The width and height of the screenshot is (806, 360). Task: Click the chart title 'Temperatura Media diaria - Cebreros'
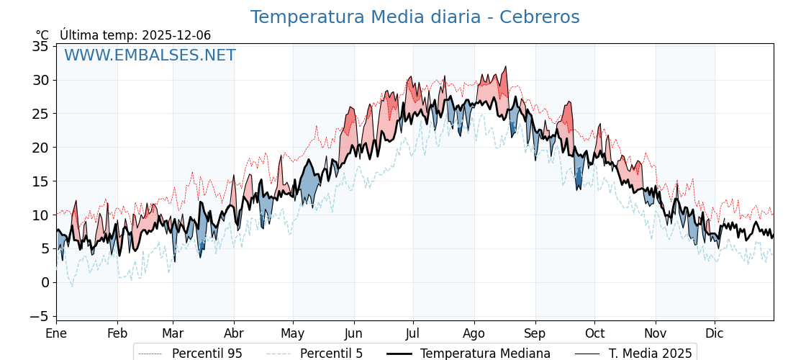coord(415,17)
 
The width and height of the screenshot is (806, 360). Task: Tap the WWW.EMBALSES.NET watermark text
coord(150,55)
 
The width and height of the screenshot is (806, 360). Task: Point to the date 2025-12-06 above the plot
coord(176,35)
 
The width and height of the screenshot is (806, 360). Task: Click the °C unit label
coord(42,35)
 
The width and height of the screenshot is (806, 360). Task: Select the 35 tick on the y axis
coord(40,47)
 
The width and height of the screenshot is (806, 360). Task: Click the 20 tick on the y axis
coord(40,148)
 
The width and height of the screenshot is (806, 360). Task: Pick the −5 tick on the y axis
coord(40,316)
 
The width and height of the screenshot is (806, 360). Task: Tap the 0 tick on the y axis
coord(45,282)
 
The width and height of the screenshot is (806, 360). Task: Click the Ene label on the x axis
coord(56,334)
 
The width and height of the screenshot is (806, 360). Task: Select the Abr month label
coord(234,334)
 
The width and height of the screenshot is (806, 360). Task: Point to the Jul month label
coord(413,334)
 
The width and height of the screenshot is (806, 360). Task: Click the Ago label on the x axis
coord(474,334)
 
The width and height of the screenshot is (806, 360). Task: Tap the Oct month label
coord(594,334)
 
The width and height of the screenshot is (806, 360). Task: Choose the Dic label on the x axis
coord(715,334)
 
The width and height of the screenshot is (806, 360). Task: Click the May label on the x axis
coord(293,334)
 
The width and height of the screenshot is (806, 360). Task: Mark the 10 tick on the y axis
coord(40,215)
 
